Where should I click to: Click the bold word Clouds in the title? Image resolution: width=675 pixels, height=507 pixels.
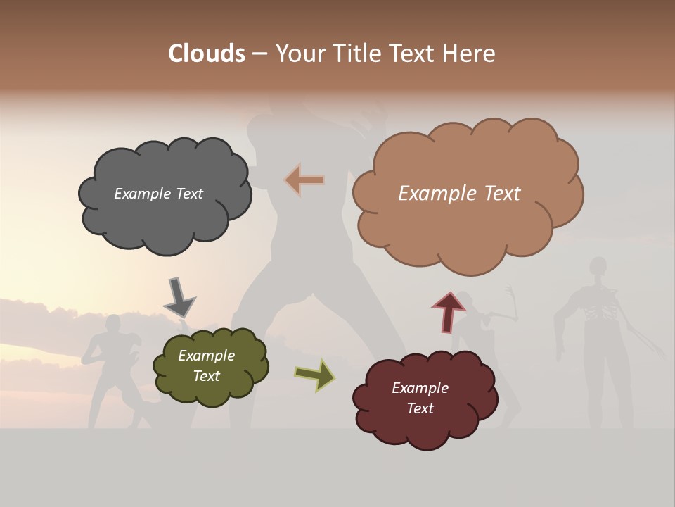click(x=207, y=54)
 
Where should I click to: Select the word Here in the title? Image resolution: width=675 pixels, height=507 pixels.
click(x=470, y=54)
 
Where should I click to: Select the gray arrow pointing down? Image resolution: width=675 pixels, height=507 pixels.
click(x=179, y=296)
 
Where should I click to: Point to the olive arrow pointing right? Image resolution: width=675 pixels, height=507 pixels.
click(x=315, y=374)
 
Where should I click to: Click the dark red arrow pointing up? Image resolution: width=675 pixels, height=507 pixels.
click(x=449, y=311)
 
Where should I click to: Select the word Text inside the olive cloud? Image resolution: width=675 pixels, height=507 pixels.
click(x=206, y=376)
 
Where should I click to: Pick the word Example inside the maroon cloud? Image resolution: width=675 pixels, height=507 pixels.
click(x=420, y=388)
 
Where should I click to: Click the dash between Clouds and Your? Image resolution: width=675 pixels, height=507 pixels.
click(x=259, y=54)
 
